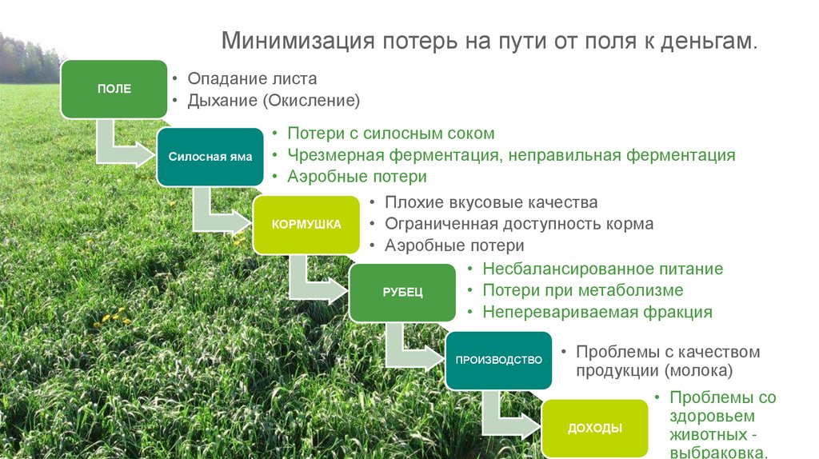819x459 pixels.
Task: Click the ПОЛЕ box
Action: [114, 89]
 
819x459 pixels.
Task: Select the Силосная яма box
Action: [210, 157]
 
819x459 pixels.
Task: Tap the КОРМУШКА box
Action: [306, 224]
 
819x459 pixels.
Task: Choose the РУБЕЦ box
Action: [402, 292]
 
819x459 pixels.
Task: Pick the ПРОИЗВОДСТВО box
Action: [498, 360]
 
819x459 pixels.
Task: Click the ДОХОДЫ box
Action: [594, 428]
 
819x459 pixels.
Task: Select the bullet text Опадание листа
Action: [252, 79]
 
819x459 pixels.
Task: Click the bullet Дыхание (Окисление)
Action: [274, 101]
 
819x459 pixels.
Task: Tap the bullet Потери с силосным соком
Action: [390, 134]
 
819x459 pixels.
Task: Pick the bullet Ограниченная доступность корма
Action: [519, 224]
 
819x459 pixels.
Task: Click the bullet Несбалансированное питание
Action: [602, 269]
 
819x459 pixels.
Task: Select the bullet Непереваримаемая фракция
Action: [597, 312]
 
